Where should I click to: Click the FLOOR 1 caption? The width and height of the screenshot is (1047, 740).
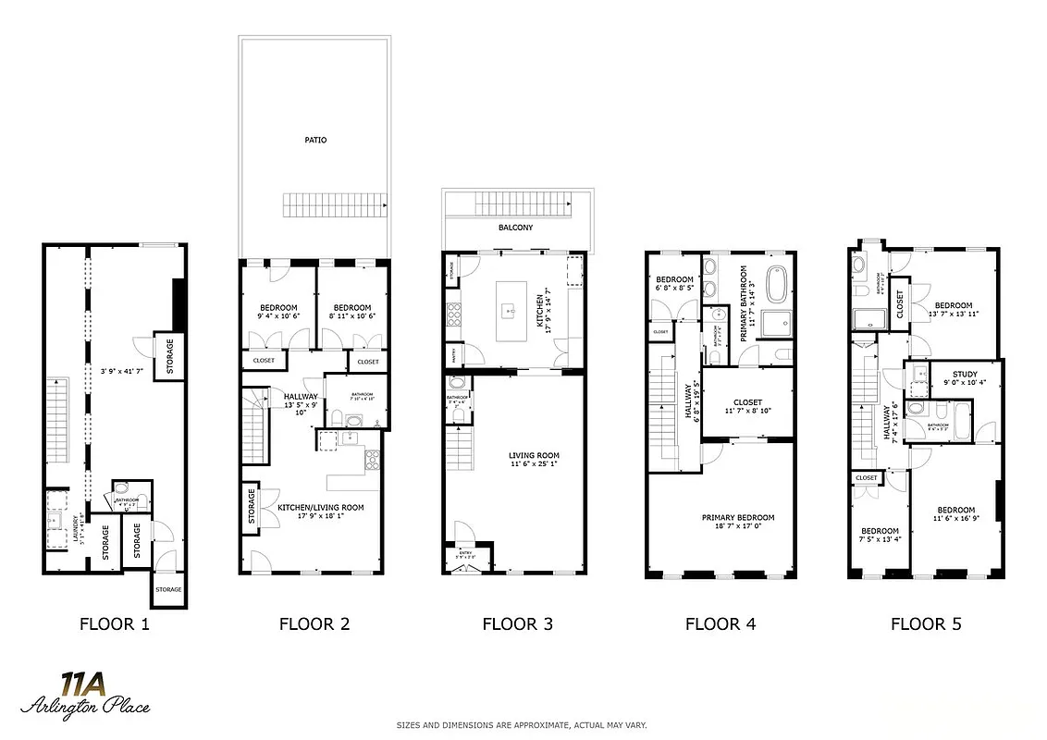tap(114, 624)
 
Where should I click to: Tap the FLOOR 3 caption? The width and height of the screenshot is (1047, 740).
tap(517, 624)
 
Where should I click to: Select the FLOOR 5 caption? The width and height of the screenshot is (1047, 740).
tap(925, 624)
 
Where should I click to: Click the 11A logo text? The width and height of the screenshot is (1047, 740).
tap(82, 684)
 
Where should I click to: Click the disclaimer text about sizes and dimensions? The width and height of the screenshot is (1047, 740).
tap(523, 725)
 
